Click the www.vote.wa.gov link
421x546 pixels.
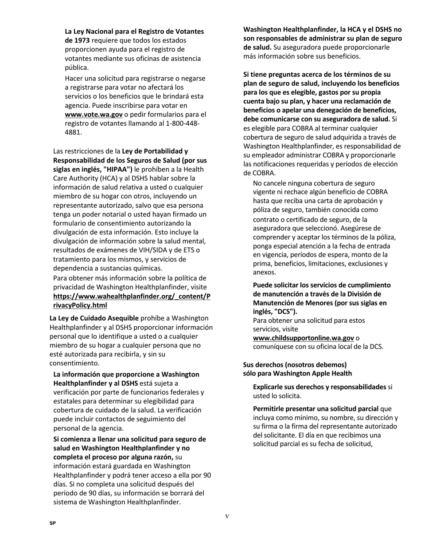[x=94, y=115]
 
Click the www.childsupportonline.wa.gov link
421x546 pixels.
[x=303, y=338]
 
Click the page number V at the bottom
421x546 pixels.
[x=227, y=516]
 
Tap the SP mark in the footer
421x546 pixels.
[x=53, y=524]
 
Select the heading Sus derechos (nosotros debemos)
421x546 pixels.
[x=295, y=364]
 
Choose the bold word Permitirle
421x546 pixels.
[x=269, y=409]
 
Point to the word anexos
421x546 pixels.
[x=264, y=273]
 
